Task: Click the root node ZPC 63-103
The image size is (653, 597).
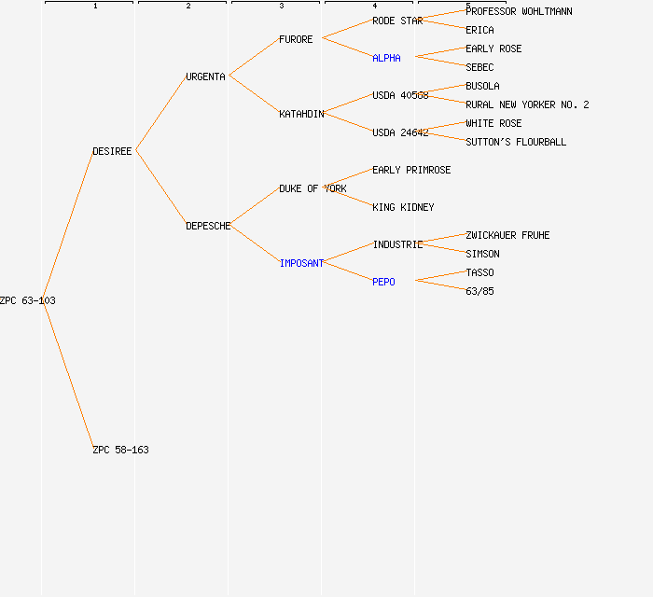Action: [28, 300]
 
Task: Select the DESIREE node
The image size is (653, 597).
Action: [112, 151]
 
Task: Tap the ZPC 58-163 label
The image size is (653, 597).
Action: [120, 450]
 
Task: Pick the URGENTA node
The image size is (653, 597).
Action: [205, 76]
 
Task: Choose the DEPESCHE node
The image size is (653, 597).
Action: [208, 226]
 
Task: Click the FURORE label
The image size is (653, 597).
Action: [296, 39]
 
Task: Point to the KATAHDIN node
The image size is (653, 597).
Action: [301, 114]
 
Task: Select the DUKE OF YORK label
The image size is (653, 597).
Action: [313, 188]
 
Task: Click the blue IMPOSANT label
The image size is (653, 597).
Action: [301, 263]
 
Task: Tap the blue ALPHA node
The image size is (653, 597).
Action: [386, 58]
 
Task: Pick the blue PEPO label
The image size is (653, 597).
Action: [383, 282]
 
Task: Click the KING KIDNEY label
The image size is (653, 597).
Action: [403, 207]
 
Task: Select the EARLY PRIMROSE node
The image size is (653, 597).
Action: [411, 170]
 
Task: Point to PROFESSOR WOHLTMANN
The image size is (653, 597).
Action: [519, 11]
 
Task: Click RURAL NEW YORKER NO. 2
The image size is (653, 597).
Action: [527, 104]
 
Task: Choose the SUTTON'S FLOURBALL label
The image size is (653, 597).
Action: [516, 142]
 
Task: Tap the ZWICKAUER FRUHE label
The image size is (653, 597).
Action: [507, 235]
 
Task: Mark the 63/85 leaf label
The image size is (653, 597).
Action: [479, 291]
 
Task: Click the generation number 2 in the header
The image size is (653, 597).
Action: [188, 7]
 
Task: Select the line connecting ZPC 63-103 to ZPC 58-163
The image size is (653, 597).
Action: [68, 375]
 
